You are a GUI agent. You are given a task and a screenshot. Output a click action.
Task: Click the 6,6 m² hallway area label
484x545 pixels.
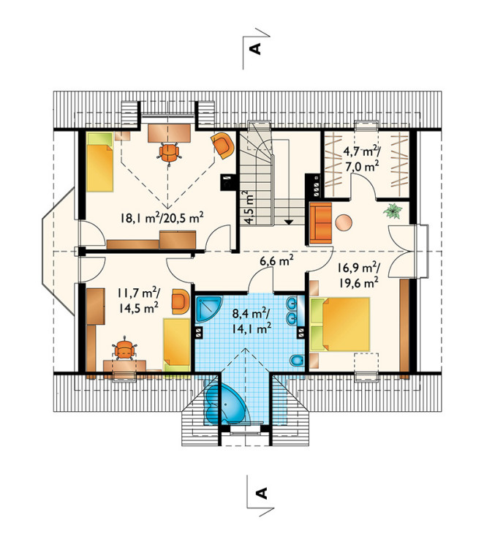pos(277,260)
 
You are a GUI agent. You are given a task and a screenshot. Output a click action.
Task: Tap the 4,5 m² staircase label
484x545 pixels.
pos(249,207)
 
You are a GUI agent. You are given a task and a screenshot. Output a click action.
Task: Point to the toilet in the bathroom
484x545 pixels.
pos(298,361)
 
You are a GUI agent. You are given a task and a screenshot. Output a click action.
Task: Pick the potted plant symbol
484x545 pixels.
pos(393,211)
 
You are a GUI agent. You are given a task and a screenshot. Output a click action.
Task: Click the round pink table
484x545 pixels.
pos(344,222)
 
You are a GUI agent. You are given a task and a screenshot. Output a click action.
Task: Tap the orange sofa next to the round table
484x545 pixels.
pos(320,223)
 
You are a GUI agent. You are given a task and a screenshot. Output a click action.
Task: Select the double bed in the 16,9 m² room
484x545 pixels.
pos(340,324)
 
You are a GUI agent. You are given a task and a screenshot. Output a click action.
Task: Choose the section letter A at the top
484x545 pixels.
pos(255,49)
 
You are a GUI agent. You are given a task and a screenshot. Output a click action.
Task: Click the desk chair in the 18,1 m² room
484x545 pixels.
pos(169,152)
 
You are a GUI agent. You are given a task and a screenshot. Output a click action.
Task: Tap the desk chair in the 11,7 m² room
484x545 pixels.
pos(124,350)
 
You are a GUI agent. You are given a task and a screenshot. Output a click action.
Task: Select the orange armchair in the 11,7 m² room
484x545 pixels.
pos(181,301)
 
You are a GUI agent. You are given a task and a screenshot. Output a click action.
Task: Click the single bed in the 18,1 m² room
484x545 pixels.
pos(99,162)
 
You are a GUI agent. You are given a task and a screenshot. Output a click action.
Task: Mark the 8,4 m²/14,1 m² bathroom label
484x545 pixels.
pos(252,320)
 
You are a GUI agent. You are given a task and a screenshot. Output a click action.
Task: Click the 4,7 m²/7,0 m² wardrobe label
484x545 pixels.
pos(361,159)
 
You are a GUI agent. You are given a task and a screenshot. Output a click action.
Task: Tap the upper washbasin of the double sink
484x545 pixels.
pos(291,304)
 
